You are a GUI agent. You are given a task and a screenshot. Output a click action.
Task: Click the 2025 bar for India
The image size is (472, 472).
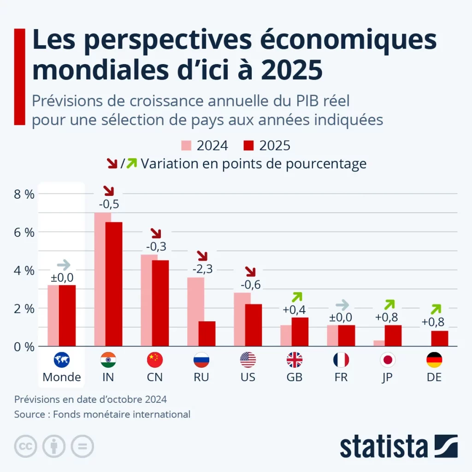tap(114, 283)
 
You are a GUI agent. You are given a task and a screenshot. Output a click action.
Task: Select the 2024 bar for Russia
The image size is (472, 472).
tap(195, 311)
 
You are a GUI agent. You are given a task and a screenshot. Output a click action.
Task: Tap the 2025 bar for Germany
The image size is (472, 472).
tap(440, 338)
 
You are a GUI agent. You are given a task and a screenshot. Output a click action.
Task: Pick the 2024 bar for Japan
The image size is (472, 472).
tap(379, 343)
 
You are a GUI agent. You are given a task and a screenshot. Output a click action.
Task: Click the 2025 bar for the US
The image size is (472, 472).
tap(254, 325)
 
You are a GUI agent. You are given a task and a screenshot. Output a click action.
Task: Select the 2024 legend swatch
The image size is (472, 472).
tap(186, 146)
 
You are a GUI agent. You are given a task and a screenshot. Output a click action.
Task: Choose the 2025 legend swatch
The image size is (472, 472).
tap(248, 146)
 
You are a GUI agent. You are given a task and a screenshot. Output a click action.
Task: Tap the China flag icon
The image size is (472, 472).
tap(155, 360)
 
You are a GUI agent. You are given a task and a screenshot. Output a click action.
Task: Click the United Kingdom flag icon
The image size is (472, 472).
tap(295, 360)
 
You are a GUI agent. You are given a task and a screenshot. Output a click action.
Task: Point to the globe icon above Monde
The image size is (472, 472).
tap(61, 360)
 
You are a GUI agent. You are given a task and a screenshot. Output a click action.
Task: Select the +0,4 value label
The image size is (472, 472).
tap(295, 309)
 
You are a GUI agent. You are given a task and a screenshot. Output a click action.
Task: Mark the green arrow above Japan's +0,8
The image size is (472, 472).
tap(390, 304)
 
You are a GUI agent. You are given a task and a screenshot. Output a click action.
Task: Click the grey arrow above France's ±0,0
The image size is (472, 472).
tap(342, 305)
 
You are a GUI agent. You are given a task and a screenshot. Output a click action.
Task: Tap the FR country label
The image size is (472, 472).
tap(341, 377)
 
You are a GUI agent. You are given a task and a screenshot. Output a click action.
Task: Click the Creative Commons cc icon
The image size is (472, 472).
tap(26, 446)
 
